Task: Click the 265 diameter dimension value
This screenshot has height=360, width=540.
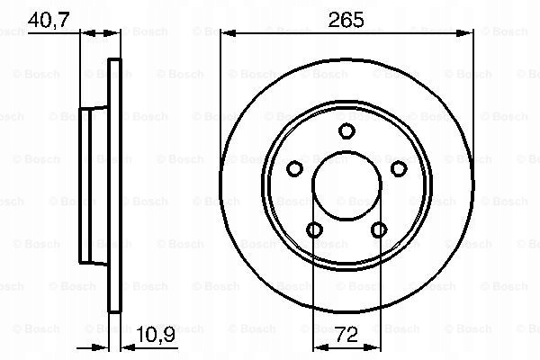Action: [x=346, y=20]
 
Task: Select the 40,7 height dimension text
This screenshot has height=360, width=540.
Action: [x=49, y=20]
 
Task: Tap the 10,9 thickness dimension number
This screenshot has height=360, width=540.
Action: [x=156, y=334]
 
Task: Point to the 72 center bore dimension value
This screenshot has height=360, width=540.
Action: [x=346, y=335]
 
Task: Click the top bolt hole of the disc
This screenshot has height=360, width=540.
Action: [x=346, y=130]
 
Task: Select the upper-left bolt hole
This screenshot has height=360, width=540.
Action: [x=295, y=169]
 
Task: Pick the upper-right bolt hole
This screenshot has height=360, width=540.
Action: [x=399, y=169]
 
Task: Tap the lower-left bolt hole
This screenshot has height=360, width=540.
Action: [x=314, y=229]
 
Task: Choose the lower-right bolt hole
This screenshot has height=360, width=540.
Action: [x=379, y=229]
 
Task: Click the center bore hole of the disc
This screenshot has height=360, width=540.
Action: [x=346, y=185]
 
